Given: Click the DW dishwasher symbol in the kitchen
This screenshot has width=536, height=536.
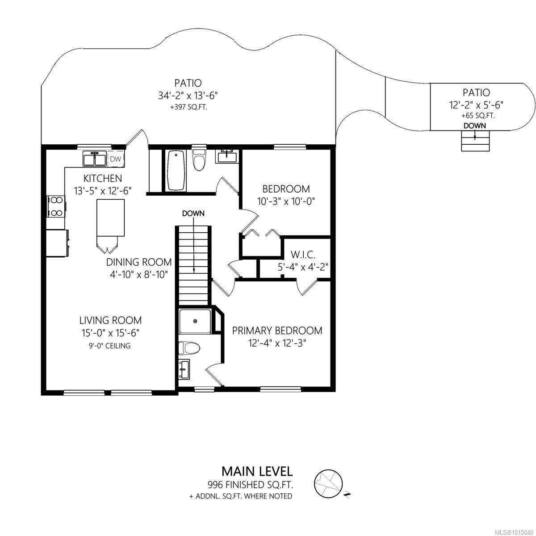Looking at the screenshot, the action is (x=115, y=159).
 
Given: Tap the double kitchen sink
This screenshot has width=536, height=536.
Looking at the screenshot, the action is (x=95, y=159).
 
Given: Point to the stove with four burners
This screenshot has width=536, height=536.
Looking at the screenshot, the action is (x=56, y=206).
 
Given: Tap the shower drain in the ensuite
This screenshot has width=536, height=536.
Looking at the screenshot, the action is (x=195, y=321).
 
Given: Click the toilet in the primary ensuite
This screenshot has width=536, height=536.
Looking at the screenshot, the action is (x=189, y=348).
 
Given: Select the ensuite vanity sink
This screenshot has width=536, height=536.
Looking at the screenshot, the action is (x=184, y=369).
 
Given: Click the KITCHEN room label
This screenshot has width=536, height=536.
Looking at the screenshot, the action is (x=103, y=178).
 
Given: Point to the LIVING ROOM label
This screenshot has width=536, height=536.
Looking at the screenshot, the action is (x=110, y=320).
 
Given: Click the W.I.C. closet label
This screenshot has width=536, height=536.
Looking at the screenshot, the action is (x=303, y=254).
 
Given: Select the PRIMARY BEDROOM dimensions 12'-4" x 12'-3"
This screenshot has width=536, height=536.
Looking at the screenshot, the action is (x=277, y=343).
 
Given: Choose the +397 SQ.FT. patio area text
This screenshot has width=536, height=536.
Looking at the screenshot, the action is (x=189, y=108).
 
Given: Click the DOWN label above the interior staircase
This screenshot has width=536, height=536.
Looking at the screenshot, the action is (x=193, y=214).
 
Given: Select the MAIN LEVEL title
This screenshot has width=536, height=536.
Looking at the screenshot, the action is (x=257, y=471).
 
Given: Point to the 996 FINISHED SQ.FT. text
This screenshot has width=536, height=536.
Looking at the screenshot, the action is (x=250, y=485).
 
